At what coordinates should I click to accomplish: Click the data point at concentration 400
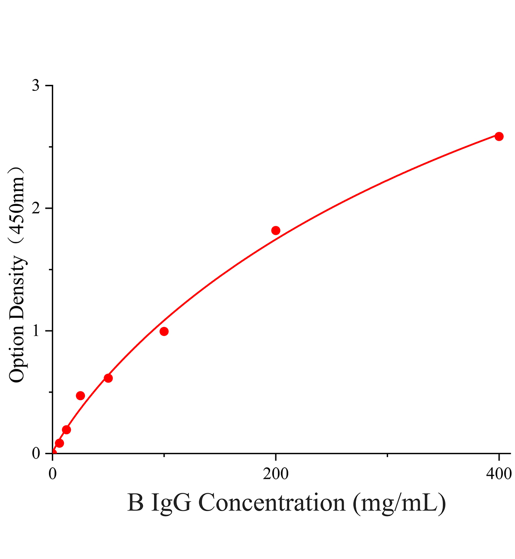click(x=499, y=136)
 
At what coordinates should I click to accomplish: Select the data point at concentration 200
click(x=276, y=231)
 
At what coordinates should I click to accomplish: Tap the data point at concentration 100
click(x=164, y=331)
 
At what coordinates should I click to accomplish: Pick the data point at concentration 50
click(x=108, y=378)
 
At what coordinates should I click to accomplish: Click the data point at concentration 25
click(x=80, y=395)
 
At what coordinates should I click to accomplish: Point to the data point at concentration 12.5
click(x=66, y=429)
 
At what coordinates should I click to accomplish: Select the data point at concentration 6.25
click(x=59, y=443)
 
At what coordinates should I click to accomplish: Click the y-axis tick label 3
click(x=36, y=85)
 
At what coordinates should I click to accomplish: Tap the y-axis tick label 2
click(x=36, y=208)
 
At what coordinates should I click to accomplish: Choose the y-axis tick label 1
click(x=36, y=331)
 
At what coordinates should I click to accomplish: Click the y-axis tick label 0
click(x=36, y=453)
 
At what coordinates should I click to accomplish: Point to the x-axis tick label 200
click(x=276, y=474)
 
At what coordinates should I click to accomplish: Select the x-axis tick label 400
click(x=499, y=474)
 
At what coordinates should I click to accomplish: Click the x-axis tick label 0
click(x=52, y=474)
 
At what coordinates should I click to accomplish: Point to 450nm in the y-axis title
click(x=17, y=208)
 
